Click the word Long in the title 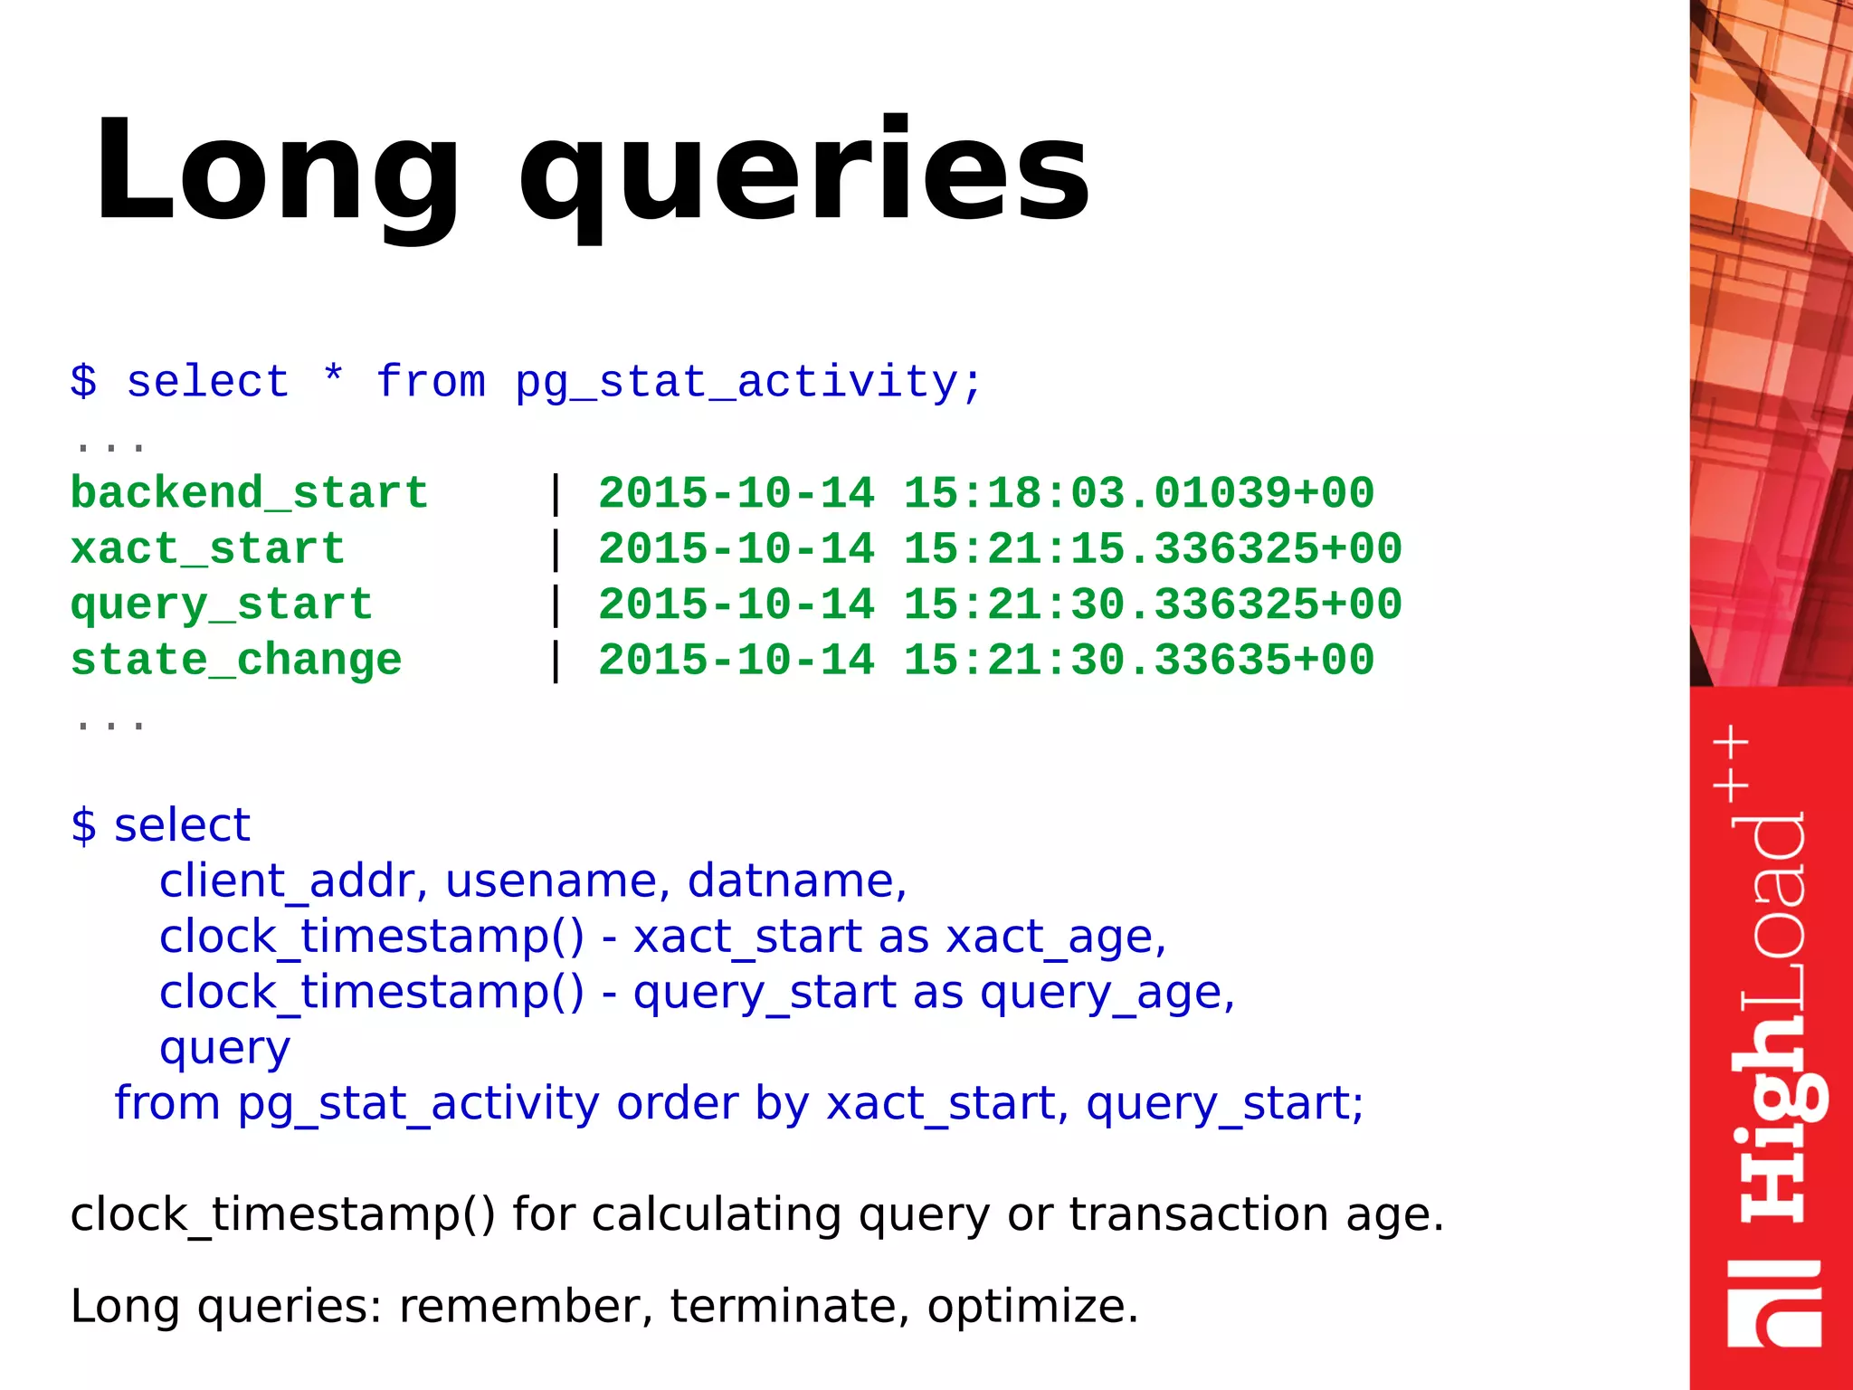pos(276,172)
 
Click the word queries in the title pos(803,176)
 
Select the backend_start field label pos(249,494)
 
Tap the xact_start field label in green pos(207,549)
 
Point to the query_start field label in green pos(221,605)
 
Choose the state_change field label pos(235,661)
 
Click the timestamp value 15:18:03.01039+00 pos(1138,494)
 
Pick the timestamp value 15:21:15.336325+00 pos(1152,549)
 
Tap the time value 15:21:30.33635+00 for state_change pos(1138,661)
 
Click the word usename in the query pos(557,881)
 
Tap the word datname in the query pos(796,881)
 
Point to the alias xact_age pos(1056,938)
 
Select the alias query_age pos(1107,994)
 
